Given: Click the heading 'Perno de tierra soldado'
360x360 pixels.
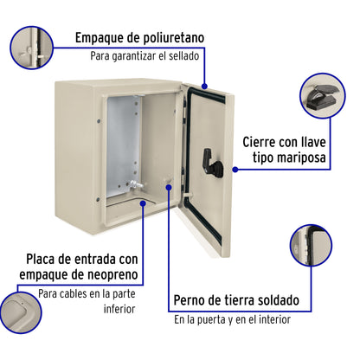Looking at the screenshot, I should point(235,300).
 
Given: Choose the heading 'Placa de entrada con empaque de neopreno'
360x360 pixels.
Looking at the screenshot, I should point(83,268).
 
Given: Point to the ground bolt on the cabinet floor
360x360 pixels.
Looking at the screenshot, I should point(134,185).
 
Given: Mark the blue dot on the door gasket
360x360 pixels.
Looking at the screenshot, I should point(204,87).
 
